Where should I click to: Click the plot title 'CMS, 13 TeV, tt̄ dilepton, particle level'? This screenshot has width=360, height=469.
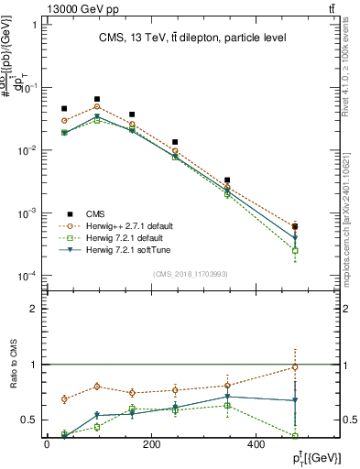(193, 38)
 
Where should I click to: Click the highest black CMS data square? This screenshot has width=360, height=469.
(97, 99)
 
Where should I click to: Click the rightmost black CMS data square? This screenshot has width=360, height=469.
(295, 225)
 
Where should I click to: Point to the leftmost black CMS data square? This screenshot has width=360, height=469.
(64, 109)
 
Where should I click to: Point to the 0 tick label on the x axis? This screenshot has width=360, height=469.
(47, 444)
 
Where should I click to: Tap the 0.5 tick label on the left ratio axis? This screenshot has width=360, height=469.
(29, 420)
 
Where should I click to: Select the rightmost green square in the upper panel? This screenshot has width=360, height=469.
(295, 250)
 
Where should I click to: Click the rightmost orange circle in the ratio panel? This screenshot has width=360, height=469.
(295, 367)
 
